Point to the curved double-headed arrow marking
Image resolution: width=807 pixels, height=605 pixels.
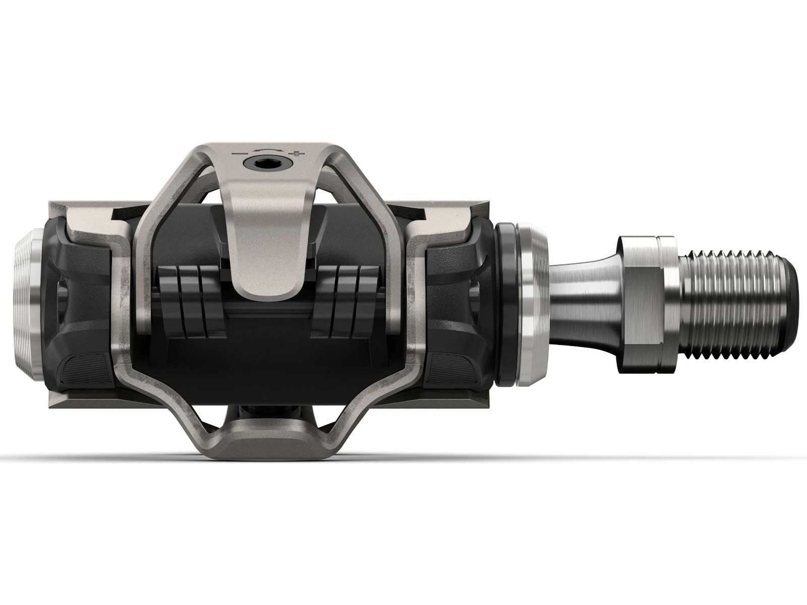click(x=268, y=150)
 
